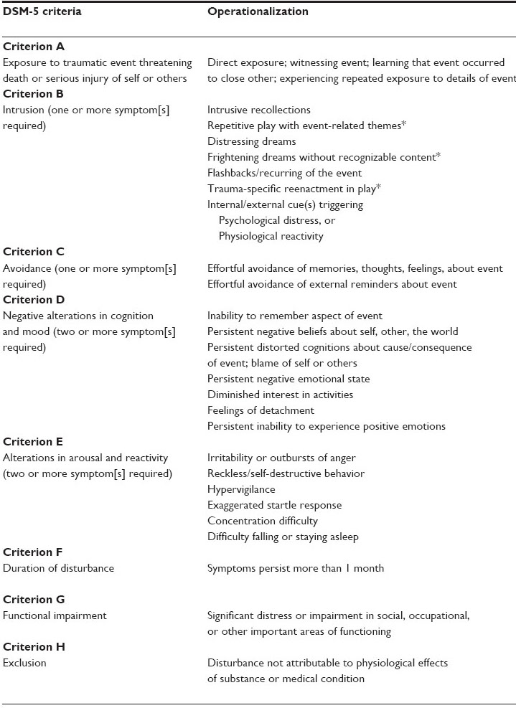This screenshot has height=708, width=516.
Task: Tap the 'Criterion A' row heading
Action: (x=34, y=47)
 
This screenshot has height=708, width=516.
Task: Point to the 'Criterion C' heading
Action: (x=34, y=252)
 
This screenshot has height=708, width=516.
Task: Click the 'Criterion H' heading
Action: (x=34, y=647)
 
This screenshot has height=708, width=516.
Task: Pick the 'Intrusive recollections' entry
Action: (x=259, y=110)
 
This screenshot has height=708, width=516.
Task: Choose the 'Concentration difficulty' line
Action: (x=263, y=521)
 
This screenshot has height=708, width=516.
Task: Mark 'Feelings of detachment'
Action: (x=261, y=410)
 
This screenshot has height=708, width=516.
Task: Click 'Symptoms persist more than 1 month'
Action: (x=296, y=568)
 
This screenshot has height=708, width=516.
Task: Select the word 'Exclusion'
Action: (x=25, y=663)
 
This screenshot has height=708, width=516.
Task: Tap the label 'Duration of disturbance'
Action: (x=59, y=568)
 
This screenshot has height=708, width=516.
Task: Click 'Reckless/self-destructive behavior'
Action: (x=286, y=473)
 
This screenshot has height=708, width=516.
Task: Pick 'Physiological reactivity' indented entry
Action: (x=271, y=236)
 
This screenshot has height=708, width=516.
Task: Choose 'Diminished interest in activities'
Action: (x=280, y=395)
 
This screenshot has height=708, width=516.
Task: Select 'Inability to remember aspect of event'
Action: (x=295, y=316)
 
